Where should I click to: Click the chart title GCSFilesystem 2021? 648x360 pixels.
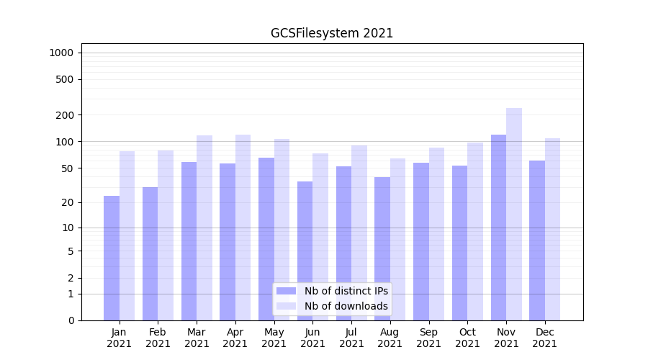click(332, 33)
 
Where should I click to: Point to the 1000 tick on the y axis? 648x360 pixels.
click(61, 53)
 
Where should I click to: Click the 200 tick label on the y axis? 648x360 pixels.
click(65, 115)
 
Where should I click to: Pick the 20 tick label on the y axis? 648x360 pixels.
click(68, 202)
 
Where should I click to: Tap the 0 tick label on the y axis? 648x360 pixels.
click(71, 320)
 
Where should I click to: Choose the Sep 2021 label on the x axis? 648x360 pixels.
click(428, 338)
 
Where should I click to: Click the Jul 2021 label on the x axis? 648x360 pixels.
click(351, 338)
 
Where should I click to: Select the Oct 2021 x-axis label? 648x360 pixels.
click(467, 338)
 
